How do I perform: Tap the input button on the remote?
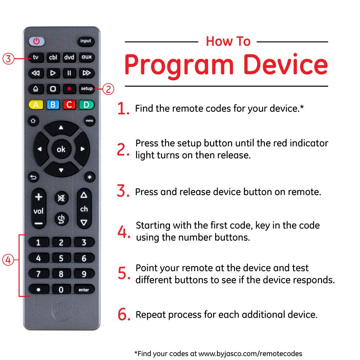click(x=86, y=41)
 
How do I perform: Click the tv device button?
click(x=36, y=57)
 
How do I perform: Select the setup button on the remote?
click(x=86, y=89)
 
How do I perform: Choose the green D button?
click(x=86, y=105)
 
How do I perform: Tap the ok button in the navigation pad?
click(x=61, y=149)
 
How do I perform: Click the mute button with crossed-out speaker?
click(x=61, y=198)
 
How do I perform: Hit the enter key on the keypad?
click(x=84, y=290)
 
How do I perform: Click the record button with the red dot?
click(x=69, y=89)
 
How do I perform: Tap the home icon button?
click(x=33, y=121)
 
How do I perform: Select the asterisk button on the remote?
click(x=90, y=177)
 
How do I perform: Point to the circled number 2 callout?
click(x=108, y=89)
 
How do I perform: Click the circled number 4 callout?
click(x=8, y=260)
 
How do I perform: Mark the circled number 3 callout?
click(x=8, y=59)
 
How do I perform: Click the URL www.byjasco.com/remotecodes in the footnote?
click(x=250, y=354)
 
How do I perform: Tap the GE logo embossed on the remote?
click(x=61, y=311)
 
